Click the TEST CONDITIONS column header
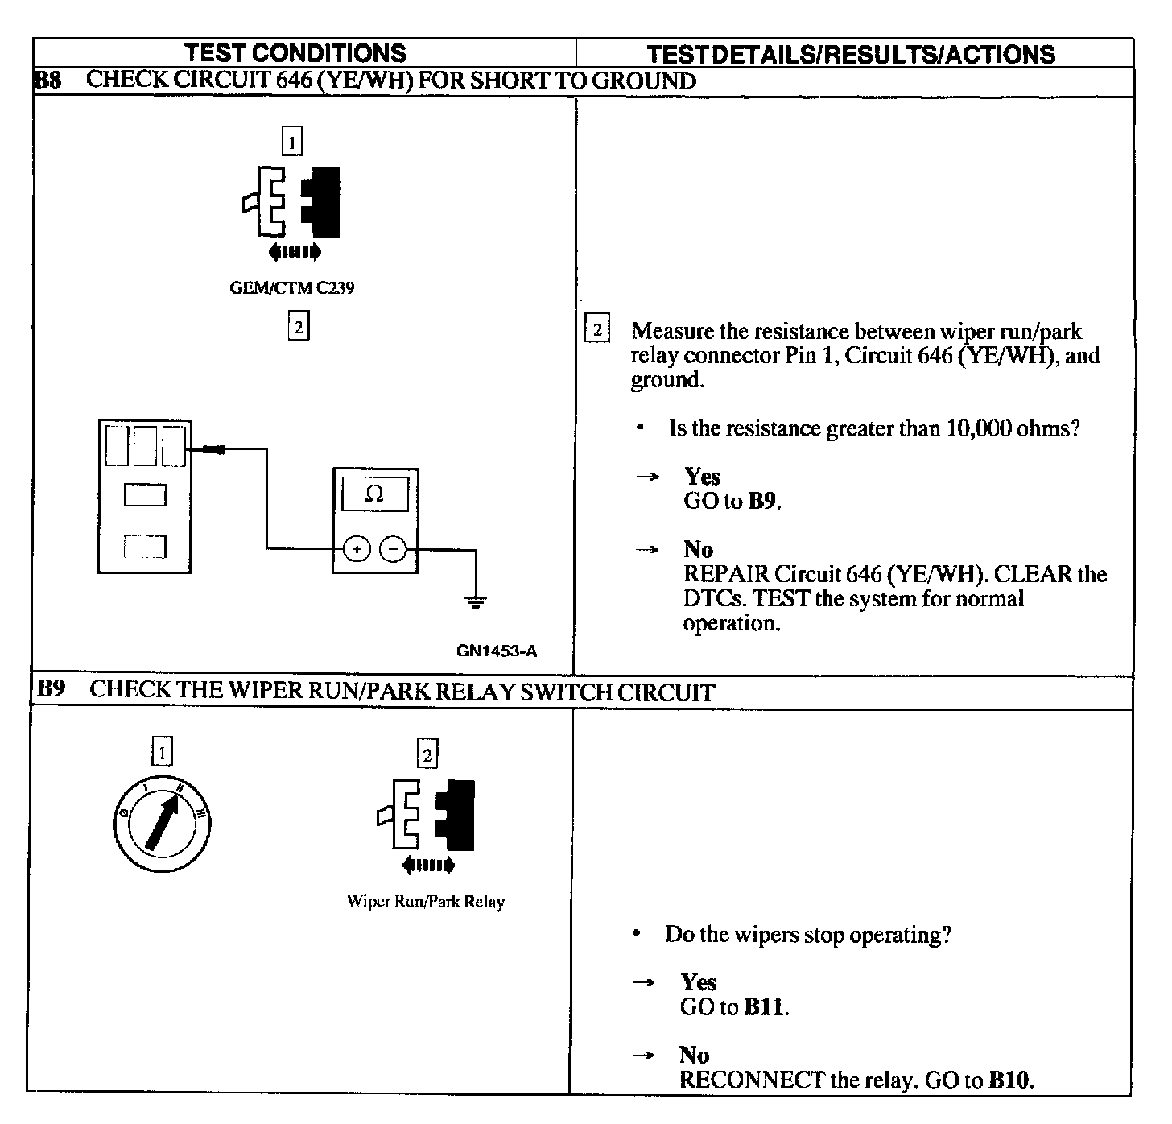(295, 53)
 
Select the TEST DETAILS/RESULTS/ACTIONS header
(851, 54)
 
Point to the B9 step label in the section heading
(51, 689)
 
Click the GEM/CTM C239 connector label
(291, 288)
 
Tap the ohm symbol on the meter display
(374, 494)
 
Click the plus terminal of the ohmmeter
(357, 549)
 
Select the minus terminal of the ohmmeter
(393, 549)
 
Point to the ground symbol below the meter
(476, 600)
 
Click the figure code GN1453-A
(497, 651)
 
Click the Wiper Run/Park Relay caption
(425, 902)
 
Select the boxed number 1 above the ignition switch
(162, 752)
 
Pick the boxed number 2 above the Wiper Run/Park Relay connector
(427, 754)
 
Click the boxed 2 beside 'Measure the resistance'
(596, 330)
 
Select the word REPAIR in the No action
(726, 574)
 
